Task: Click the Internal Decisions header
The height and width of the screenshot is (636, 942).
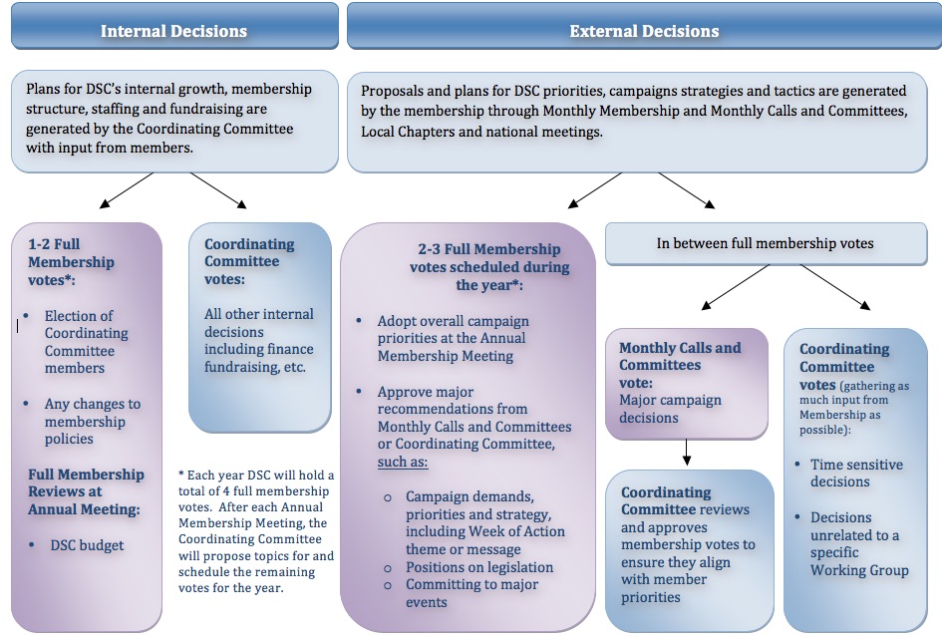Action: point(173,31)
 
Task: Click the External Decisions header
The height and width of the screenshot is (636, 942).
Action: point(644,31)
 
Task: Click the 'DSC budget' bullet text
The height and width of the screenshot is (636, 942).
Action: point(88,545)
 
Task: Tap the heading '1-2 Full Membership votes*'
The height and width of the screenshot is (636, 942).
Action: point(70,262)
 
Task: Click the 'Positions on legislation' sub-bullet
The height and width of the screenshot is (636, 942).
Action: point(478,567)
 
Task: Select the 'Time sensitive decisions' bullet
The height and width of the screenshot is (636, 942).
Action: point(855,473)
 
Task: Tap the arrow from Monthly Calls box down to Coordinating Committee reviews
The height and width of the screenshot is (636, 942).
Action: point(687,454)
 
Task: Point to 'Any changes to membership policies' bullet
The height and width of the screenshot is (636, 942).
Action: point(92,421)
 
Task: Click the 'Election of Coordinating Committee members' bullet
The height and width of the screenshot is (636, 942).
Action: point(86,342)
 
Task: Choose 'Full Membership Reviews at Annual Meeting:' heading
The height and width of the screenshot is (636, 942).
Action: point(86,491)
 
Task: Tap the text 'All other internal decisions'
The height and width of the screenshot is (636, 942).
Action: point(258,332)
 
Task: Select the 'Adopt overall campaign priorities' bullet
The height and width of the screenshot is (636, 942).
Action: point(452,338)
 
